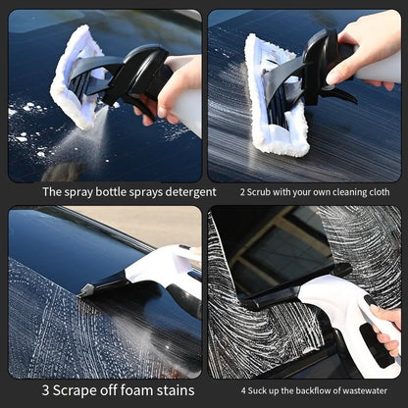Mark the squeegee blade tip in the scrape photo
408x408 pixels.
(x=85, y=289)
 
